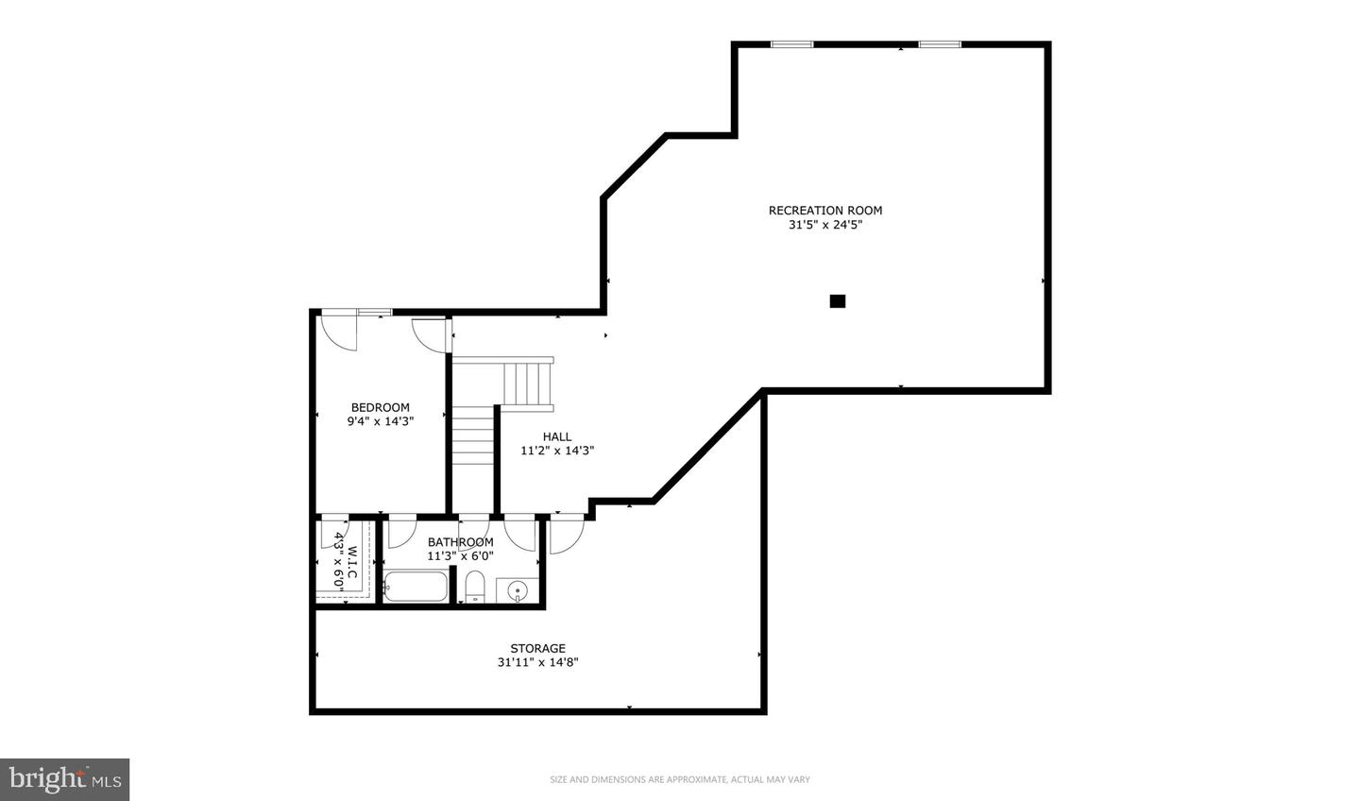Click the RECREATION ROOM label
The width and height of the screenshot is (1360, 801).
(x=824, y=211)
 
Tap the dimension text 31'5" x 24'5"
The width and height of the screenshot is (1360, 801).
(x=824, y=226)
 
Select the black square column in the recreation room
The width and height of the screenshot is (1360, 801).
(x=837, y=301)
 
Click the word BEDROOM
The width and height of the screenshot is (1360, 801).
(x=380, y=408)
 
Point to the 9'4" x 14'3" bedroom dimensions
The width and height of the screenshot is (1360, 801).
(x=380, y=422)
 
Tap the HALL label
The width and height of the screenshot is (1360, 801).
(x=556, y=436)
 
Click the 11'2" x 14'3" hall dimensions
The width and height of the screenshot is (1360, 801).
(x=556, y=452)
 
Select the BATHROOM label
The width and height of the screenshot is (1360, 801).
(x=460, y=542)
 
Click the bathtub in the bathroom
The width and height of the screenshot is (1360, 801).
(x=416, y=588)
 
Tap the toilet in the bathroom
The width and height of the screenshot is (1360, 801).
(x=474, y=587)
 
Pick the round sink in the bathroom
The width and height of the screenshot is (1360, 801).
(x=517, y=591)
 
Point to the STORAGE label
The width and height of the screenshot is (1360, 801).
(x=537, y=648)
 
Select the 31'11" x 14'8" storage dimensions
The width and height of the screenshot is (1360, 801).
(x=537, y=663)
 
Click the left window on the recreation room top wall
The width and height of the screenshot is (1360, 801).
(x=791, y=44)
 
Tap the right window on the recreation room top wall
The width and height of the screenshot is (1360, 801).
(x=940, y=44)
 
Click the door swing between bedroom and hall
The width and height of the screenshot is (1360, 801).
(x=431, y=334)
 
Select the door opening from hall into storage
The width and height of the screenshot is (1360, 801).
(x=567, y=535)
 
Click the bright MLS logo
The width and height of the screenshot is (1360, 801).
(x=64, y=779)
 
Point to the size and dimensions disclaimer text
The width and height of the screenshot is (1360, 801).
(x=680, y=779)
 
